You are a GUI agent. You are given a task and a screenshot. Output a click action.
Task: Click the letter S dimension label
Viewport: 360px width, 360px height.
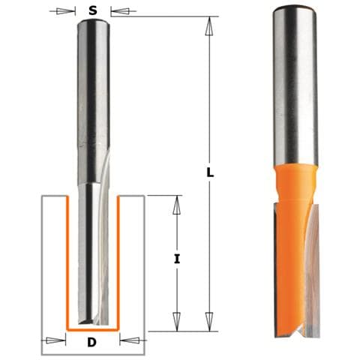coord(92,10)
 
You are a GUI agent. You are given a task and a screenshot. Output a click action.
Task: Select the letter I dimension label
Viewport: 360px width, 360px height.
coord(176,259)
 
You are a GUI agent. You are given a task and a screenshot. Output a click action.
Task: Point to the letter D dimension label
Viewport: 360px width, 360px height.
coord(92,343)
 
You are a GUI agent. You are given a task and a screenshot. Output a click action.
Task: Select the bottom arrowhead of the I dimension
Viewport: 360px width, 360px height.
coord(177,322)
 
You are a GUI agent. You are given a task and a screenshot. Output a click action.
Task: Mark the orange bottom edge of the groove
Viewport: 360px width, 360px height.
coord(94,329)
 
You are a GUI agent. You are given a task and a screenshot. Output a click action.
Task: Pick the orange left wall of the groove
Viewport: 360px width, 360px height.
coord(67,262)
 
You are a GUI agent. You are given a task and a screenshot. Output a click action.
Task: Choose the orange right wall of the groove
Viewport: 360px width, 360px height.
coord(121,262)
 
